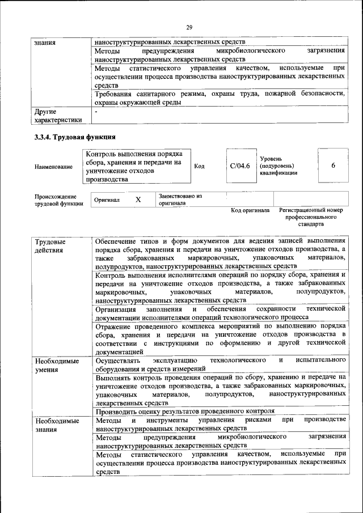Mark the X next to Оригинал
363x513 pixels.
click(138, 200)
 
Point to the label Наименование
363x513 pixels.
click(53, 167)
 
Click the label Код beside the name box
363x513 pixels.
click(200, 166)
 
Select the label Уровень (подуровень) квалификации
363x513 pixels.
click(278, 166)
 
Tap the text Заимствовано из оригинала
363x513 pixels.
click(180, 199)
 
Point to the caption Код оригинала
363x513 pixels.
click(250, 210)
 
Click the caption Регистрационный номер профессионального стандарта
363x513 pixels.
click(311, 217)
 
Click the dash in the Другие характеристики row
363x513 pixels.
click(97, 112)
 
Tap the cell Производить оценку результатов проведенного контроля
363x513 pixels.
click(185, 411)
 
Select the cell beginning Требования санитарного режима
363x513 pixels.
click(220, 98)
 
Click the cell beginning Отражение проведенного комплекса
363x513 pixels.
click(220, 338)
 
